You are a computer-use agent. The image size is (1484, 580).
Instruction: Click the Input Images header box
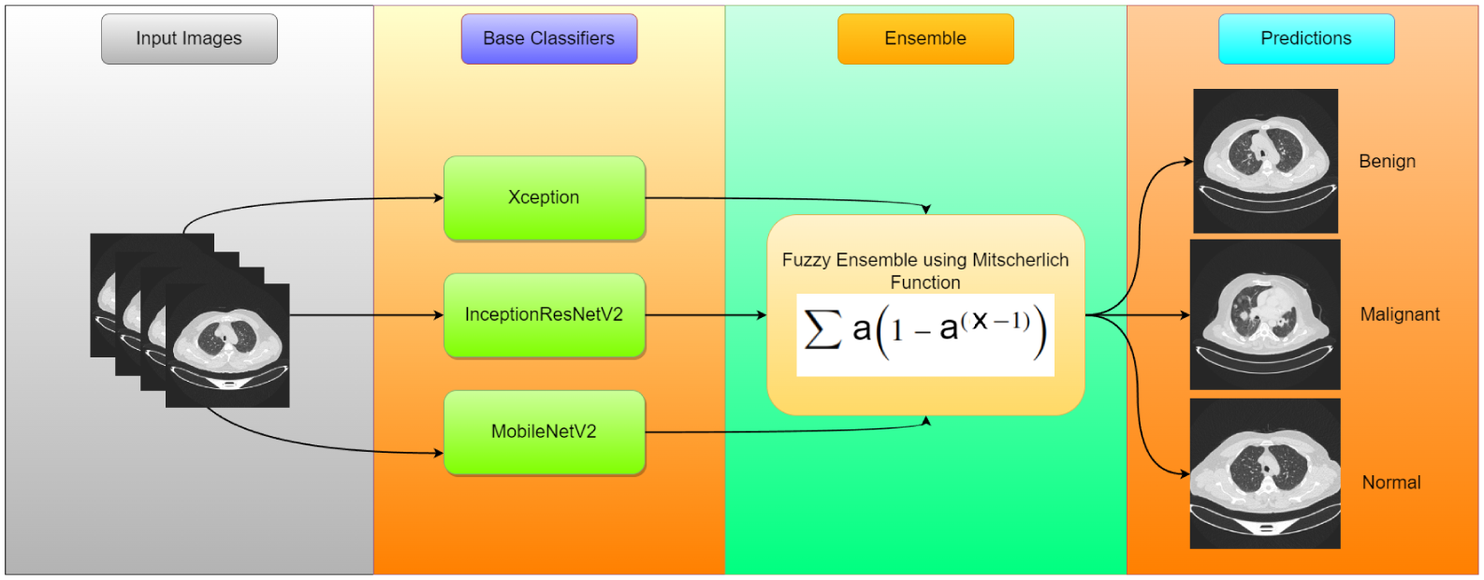[x=189, y=38]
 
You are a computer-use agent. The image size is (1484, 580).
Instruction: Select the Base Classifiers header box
[x=548, y=38]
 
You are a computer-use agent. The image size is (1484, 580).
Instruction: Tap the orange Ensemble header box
[x=925, y=38]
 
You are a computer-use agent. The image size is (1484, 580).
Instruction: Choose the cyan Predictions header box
[x=1305, y=38]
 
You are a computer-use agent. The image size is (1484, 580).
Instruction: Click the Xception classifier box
[x=544, y=197]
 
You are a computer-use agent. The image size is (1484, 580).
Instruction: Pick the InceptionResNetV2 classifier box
[x=544, y=314]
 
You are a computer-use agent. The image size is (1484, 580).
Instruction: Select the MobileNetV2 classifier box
[x=544, y=431]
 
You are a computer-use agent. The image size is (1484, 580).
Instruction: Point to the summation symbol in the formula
[x=822, y=329]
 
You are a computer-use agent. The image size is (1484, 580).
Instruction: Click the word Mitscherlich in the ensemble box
[x=1020, y=260]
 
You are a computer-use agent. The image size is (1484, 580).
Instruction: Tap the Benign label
[x=1387, y=161]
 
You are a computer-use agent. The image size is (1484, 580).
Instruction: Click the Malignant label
[x=1400, y=314]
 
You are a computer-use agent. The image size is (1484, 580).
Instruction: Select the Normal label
[x=1390, y=483]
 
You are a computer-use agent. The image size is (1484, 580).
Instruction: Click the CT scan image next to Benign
[x=1265, y=161]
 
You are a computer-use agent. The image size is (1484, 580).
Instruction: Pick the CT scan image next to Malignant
[x=1265, y=314]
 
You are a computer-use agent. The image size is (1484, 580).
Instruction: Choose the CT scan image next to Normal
[x=1265, y=473]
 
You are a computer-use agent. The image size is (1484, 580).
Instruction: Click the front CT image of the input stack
[x=227, y=345]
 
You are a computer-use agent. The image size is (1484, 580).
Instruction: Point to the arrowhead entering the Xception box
[x=438, y=197]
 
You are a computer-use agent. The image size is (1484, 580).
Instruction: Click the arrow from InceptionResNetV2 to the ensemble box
[x=706, y=315]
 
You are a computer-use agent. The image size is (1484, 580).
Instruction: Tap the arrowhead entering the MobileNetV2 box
[x=438, y=454]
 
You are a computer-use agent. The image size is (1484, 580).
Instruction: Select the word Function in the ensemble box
[x=924, y=283]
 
